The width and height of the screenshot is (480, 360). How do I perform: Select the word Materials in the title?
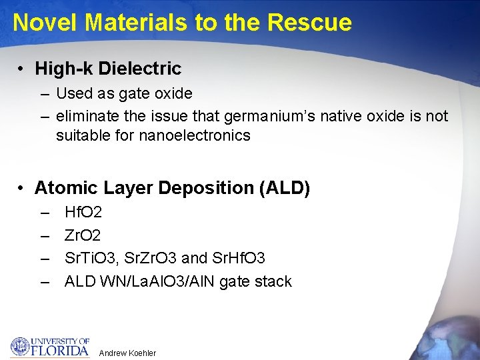pyautogui.click(x=136, y=23)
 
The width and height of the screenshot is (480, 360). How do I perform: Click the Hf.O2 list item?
pyautogui.click(x=83, y=213)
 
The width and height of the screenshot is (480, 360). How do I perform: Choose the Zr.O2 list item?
pyautogui.click(x=83, y=235)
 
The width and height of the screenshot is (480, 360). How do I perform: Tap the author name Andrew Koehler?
pyautogui.click(x=127, y=353)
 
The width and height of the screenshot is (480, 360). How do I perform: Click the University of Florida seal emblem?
pyautogui.click(x=20, y=346)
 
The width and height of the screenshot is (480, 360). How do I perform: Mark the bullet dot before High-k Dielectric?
pyautogui.click(x=22, y=69)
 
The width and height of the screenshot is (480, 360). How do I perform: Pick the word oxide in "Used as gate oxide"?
pyautogui.click(x=174, y=93)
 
